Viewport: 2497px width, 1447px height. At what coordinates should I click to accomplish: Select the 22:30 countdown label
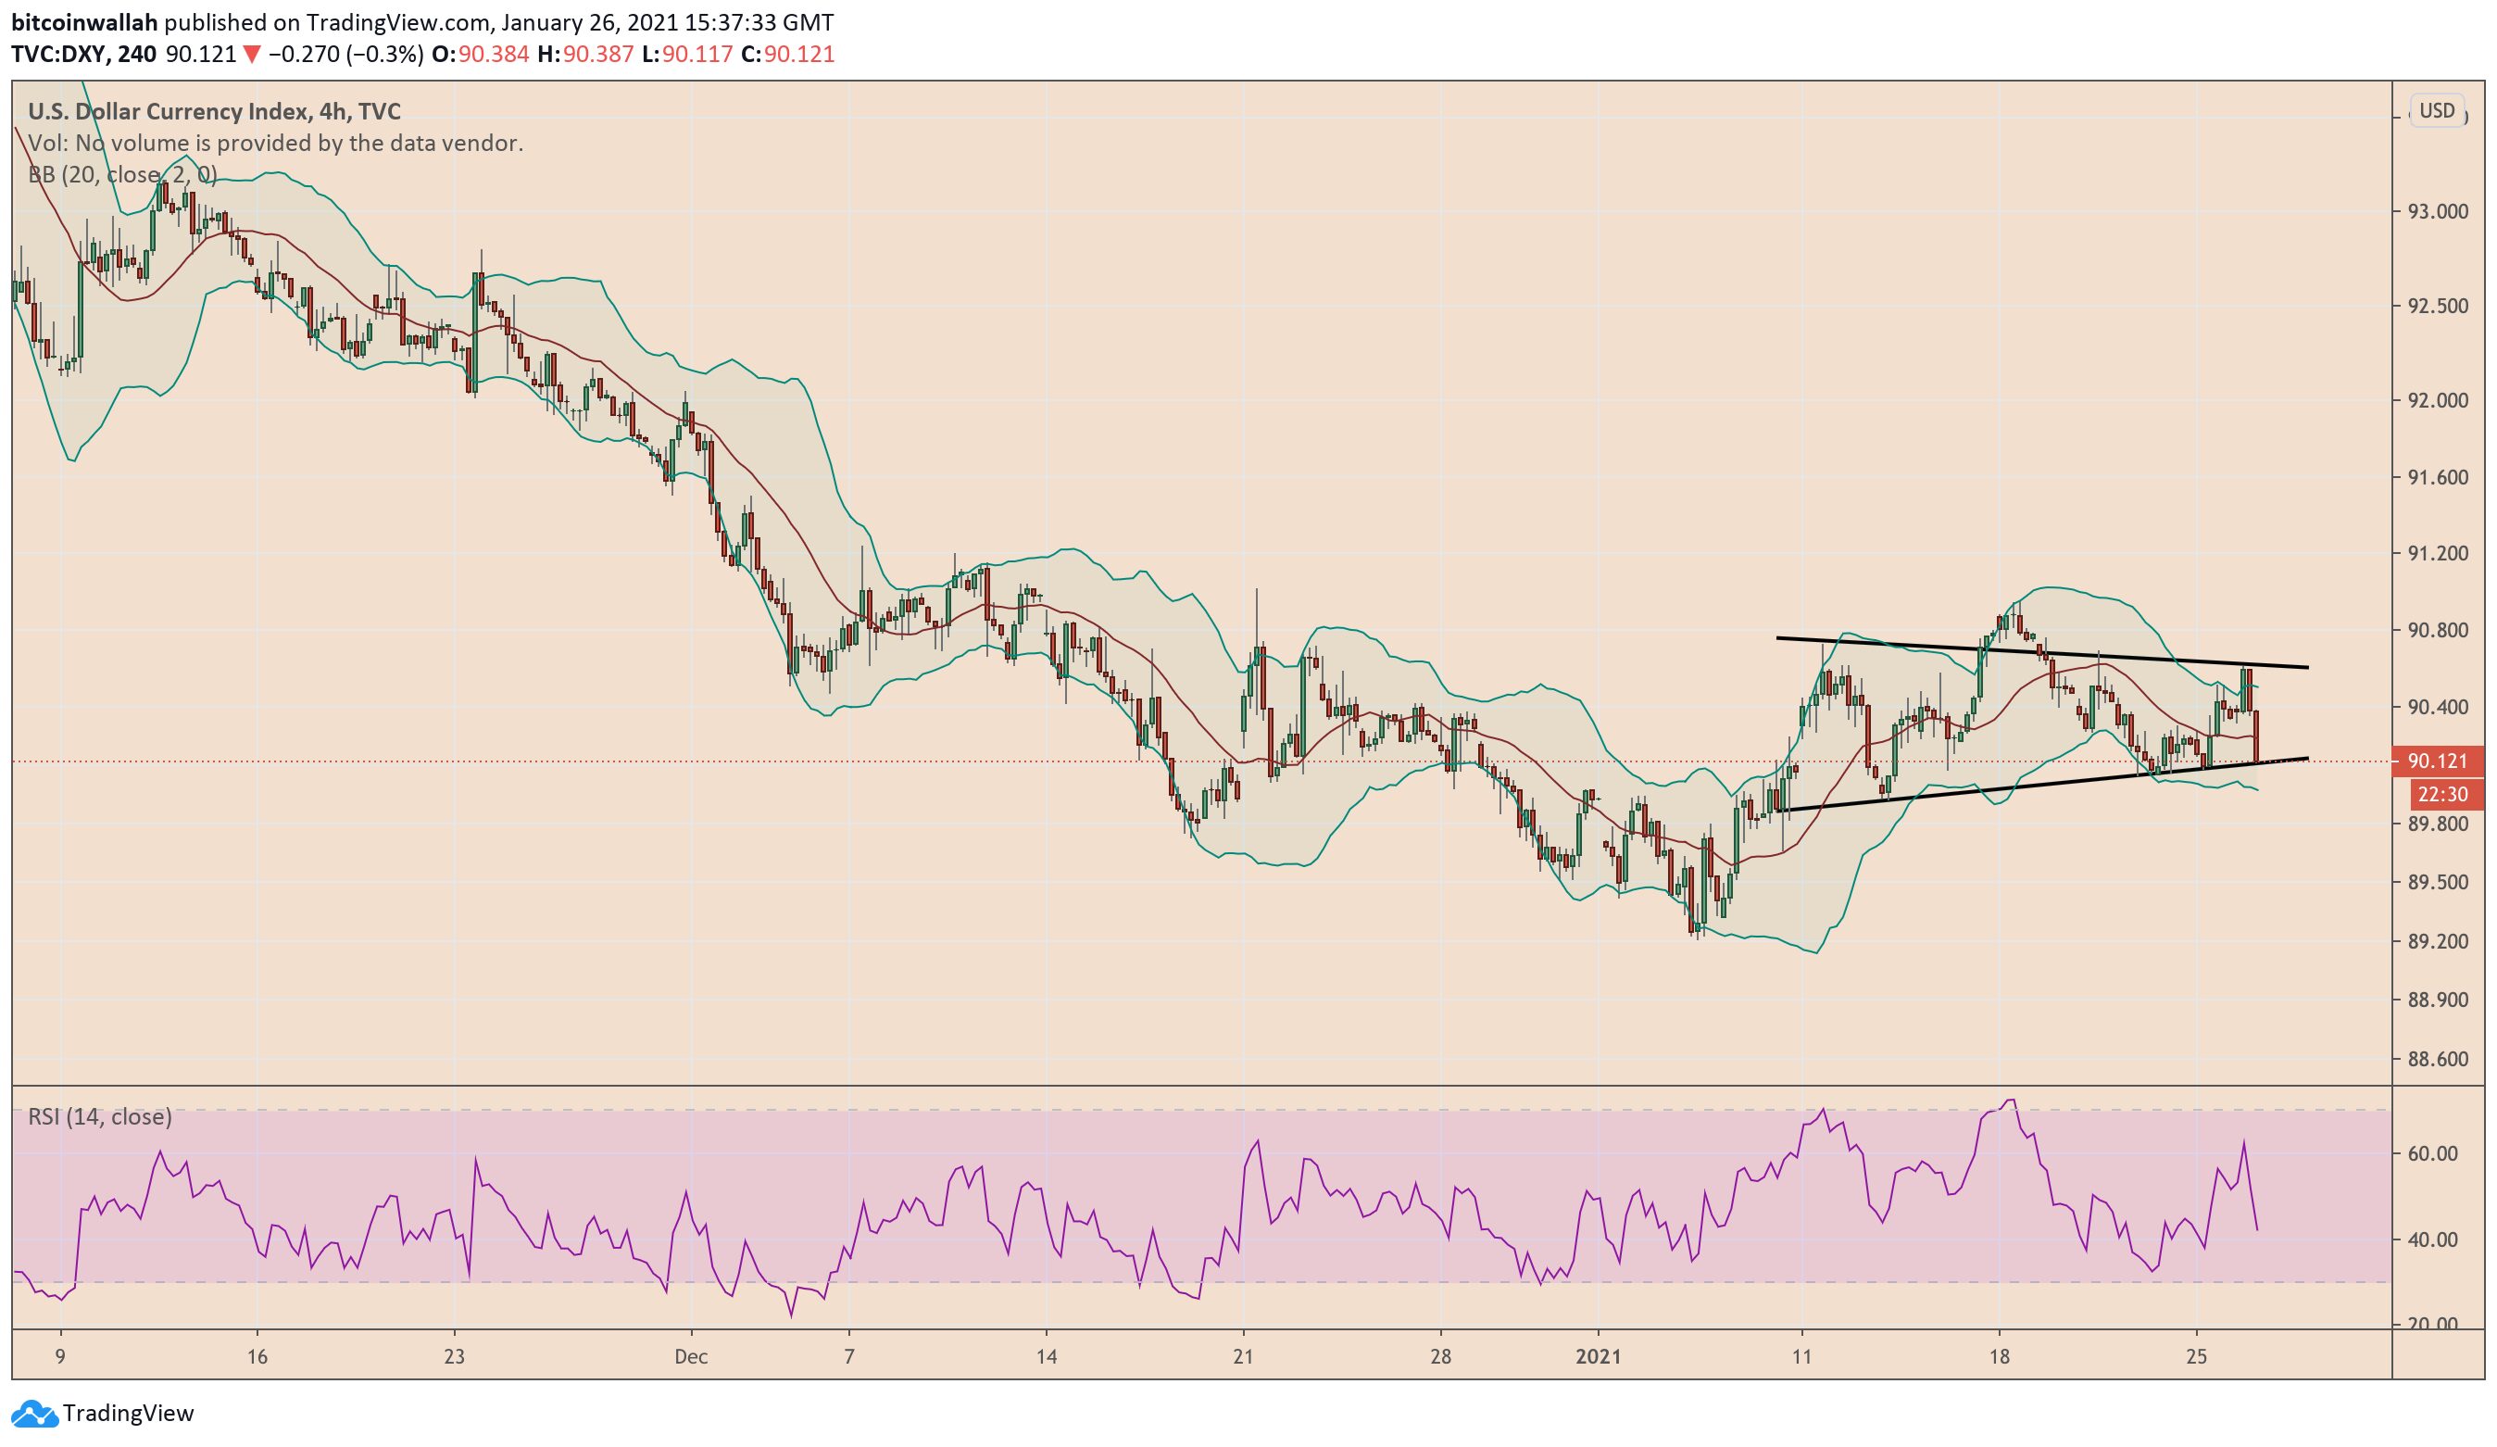click(x=2441, y=794)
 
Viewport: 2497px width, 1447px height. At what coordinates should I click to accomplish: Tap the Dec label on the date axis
click(x=691, y=1357)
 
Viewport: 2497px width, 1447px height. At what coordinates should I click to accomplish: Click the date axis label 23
click(x=454, y=1357)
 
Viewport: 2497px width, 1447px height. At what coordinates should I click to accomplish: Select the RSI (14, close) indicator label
click(x=99, y=1117)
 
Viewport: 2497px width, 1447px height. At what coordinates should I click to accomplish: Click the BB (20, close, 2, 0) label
click(x=122, y=175)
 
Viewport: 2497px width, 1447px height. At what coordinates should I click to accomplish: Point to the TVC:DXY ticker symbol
click(x=56, y=55)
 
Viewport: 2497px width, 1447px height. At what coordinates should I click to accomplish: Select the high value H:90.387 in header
click(x=584, y=55)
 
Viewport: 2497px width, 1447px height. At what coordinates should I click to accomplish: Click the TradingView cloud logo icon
click(x=33, y=1414)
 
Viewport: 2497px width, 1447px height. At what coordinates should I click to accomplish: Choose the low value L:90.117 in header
click(x=686, y=55)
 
